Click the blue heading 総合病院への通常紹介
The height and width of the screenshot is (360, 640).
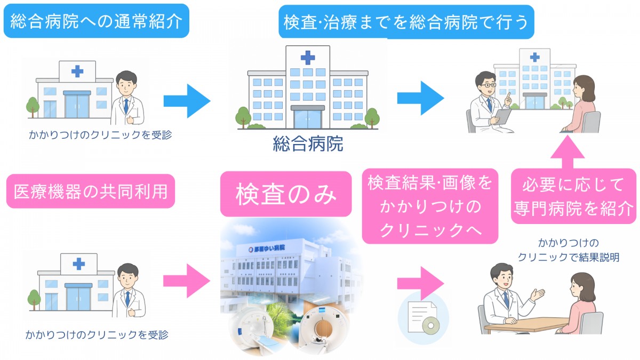(x=97, y=21)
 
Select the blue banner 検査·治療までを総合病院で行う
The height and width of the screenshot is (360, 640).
(x=406, y=22)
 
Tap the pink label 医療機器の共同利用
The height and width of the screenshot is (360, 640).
(x=91, y=191)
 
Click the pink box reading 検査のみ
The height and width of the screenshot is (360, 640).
(x=286, y=194)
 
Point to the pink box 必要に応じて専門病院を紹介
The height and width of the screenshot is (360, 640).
(x=573, y=196)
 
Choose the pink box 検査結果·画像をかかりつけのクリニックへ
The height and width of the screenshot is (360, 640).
(x=430, y=206)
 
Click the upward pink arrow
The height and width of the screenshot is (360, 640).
(x=567, y=152)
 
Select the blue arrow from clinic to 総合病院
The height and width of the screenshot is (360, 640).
(x=187, y=101)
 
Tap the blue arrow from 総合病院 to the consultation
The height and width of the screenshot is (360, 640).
(x=421, y=98)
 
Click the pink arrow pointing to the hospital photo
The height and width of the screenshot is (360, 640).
(x=187, y=281)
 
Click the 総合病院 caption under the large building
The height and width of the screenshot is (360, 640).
(x=308, y=143)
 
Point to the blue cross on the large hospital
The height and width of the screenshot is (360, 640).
(x=308, y=58)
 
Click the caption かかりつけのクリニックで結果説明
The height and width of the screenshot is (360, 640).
(x=569, y=250)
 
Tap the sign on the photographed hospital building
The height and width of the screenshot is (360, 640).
(x=267, y=249)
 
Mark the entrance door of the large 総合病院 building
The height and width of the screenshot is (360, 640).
(x=308, y=118)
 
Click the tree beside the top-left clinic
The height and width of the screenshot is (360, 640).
(x=33, y=107)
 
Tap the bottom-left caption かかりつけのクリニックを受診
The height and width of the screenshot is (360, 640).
(x=97, y=334)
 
